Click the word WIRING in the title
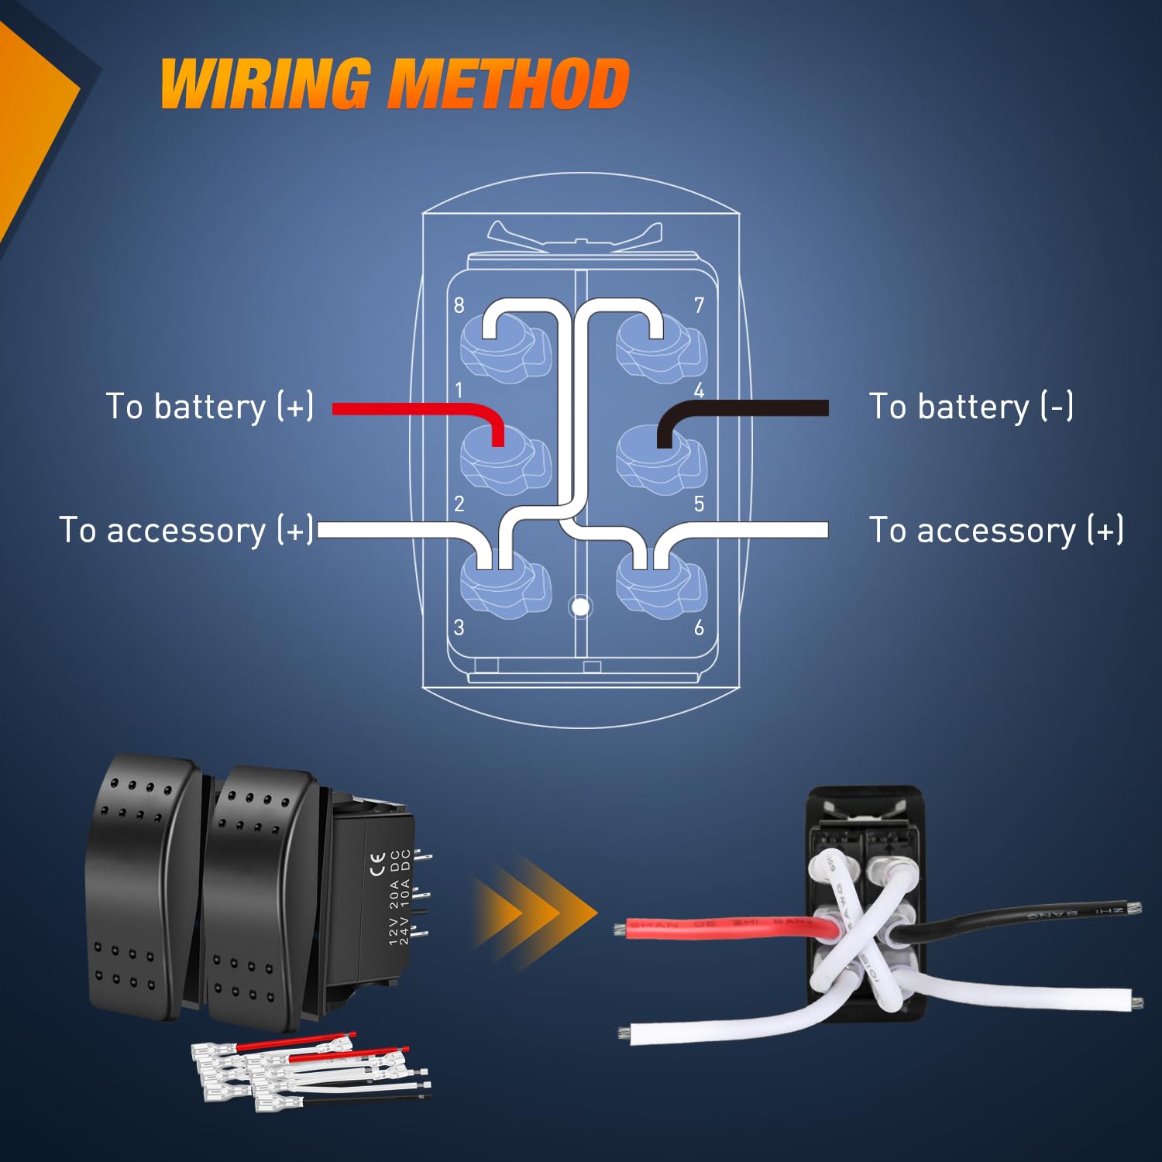coord(265,83)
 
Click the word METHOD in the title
coord(508,83)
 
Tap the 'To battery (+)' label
coord(209,407)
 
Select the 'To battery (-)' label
coord(971,407)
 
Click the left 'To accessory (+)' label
coord(186,531)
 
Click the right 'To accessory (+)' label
coord(996,531)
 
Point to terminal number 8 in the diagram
coord(459,305)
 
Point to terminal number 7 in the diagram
coord(699,305)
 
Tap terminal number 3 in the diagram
coord(459,627)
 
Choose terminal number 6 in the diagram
coord(699,627)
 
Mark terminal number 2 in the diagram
coord(459,504)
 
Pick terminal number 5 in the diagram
coord(699,504)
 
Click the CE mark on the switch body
coord(377,863)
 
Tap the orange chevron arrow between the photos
coord(535,912)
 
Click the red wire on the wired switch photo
coord(720,926)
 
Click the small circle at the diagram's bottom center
coord(580,607)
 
